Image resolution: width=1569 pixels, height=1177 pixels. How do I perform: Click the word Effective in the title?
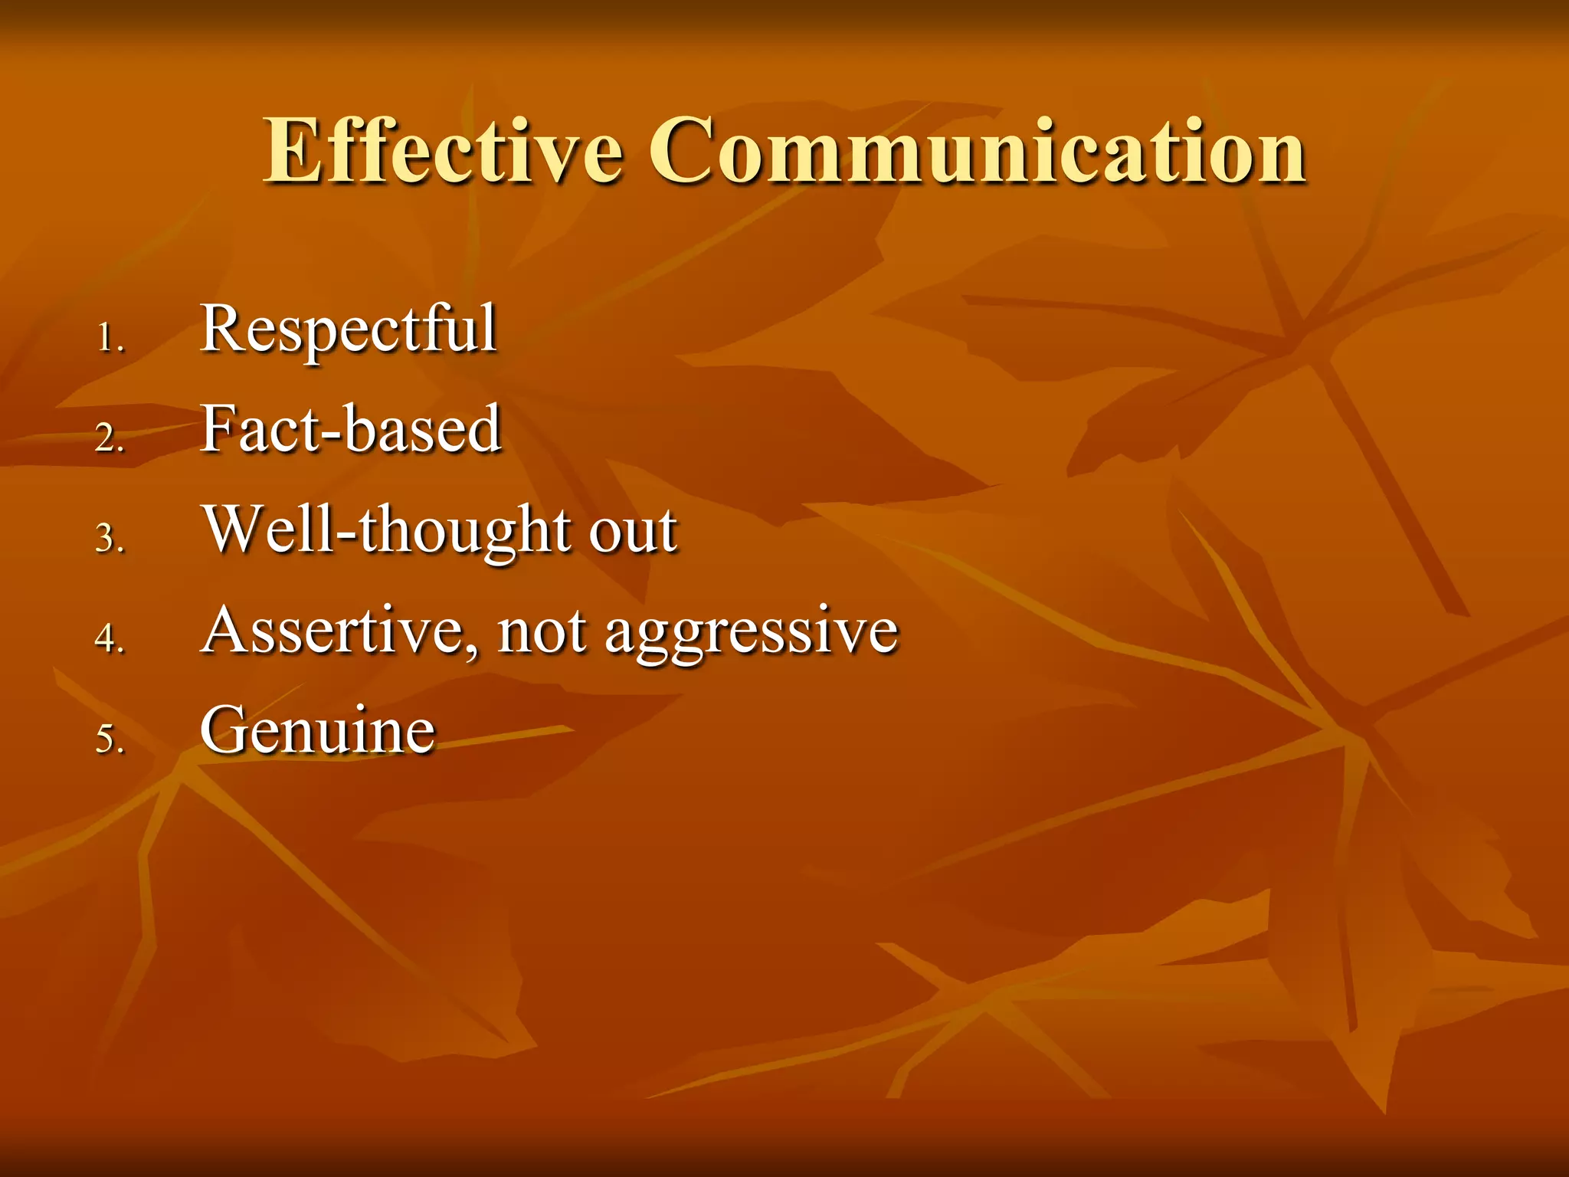pos(443,150)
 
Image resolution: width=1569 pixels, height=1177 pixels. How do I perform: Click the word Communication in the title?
pos(978,150)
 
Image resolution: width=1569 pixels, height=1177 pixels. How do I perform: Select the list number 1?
pos(110,338)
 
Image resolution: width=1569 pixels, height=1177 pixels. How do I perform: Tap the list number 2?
pos(110,438)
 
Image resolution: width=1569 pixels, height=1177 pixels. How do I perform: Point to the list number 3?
pos(110,538)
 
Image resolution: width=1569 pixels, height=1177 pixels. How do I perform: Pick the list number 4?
pos(110,638)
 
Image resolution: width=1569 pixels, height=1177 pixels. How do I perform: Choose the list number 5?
pos(110,739)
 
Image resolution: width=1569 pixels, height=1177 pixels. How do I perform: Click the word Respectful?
pos(349,329)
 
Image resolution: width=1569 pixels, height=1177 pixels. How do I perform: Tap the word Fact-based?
pos(351,429)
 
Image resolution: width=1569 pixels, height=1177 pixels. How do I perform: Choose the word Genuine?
pos(318,730)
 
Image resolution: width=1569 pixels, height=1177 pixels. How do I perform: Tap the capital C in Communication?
pos(683,150)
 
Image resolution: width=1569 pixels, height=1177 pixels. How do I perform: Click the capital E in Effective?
pos(292,150)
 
